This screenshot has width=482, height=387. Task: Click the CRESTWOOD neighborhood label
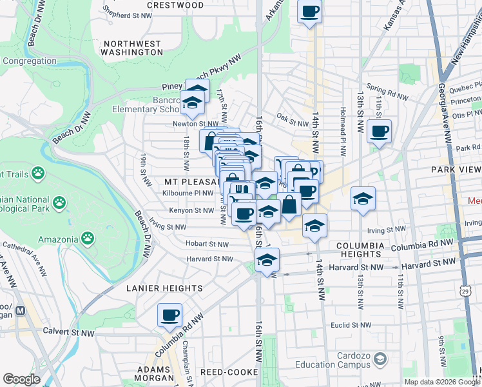coord(175,5)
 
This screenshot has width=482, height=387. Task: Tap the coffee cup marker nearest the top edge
coord(310,12)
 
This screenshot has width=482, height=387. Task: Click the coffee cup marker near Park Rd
coord(379,132)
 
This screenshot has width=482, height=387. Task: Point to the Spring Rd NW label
coord(387,92)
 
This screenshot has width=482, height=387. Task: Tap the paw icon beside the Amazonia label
coord(88,239)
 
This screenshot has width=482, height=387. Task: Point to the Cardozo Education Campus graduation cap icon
coord(380,358)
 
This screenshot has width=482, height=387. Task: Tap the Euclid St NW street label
coord(348,326)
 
